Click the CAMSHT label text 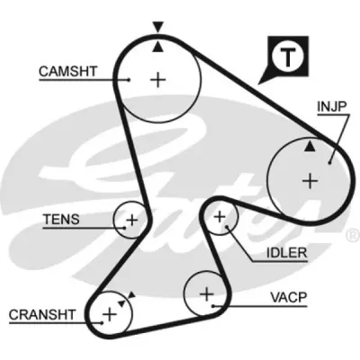click(x=68, y=71)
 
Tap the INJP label click(x=332, y=106)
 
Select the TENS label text click(x=61, y=220)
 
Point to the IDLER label click(x=287, y=253)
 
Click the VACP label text click(x=289, y=297)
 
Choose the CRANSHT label click(x=41, y=315)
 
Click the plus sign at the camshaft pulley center click(x=157, y=80)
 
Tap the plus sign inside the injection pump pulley click(x=310, y=181)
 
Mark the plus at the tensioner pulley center click(x=131, y=220)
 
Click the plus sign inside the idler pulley click(x=220, y=217)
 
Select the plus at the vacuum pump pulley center click(x=206, y=294)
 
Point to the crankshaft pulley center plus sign click(x=110, y=314)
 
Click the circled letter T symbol click(x=287, y=57)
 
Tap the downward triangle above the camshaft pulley click(x=157, y=26)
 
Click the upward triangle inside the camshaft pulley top click(x=157, y=47)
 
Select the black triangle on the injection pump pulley click(x=310, y=147)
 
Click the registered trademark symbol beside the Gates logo click(x=353, y=236)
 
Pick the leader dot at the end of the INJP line click(x=329, y=163)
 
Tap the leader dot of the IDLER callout click(x=227, y=227)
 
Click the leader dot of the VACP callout click(x=212, y=306)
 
